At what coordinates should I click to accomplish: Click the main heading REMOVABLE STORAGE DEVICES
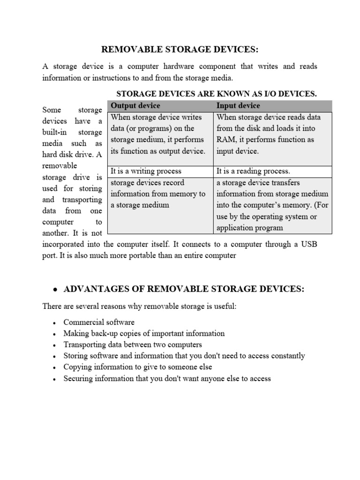[x=180, y=50]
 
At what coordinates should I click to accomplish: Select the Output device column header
[x=135, y=106]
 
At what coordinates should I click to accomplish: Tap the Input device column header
[x=238, y=106]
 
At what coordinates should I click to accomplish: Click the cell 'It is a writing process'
[x=146, y=172]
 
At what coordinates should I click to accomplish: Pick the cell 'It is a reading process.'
[x=253, y=172]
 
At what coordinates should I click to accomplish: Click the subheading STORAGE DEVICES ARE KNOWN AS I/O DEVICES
[x=216, y=94]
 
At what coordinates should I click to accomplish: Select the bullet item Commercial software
[x=99, y=322]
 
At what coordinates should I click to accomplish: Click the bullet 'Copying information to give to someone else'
[x=138, y=367]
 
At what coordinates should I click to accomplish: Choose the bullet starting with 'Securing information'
[x=167, y=378]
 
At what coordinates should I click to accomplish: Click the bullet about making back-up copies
[x=144, y=334]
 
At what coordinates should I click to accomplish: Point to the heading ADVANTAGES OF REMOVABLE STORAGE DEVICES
[x=184, y=289]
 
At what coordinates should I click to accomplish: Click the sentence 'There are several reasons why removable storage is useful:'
[x=140, y=306]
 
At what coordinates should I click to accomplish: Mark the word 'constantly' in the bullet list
[x=286, y=356]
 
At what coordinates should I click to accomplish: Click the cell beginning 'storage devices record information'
[x=157, y=194]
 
